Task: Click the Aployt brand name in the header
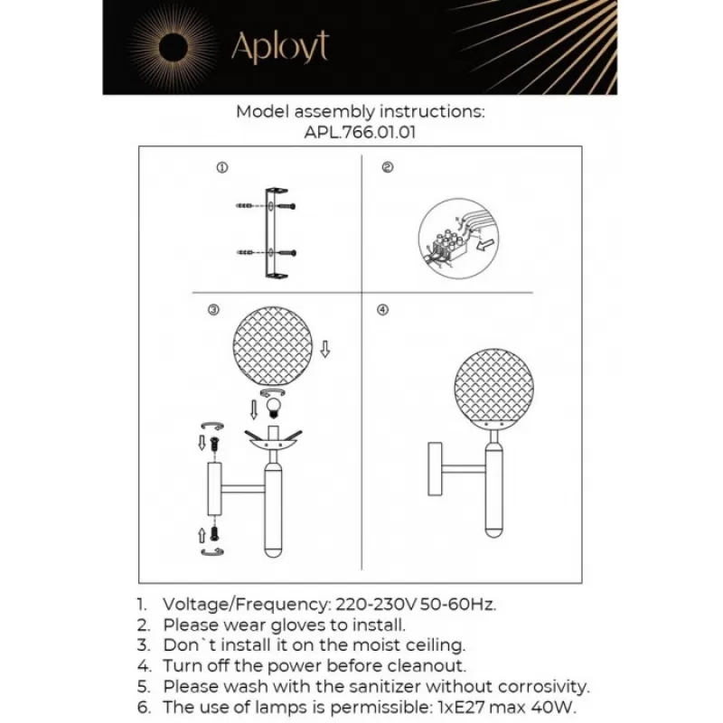[280, 48]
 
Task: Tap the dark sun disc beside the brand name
[174, 48]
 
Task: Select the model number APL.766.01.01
[360, 133]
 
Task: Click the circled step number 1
[222, 168]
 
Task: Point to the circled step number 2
[388, 167]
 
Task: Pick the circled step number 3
[213, 310]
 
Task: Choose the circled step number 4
[382, 310]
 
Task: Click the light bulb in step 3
[275, 408]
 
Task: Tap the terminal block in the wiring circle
[449, 250]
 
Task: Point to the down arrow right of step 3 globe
[325, 349]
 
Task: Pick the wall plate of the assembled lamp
[435, 469]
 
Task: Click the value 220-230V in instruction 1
[376, 604]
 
